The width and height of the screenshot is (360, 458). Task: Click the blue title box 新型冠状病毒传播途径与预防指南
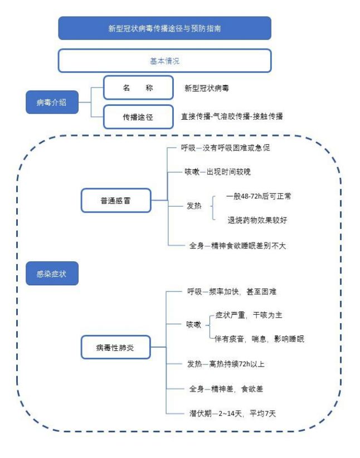165,28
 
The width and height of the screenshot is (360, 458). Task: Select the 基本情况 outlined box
165,61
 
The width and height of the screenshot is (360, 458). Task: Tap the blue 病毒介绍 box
52,102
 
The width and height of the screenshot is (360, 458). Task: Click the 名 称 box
138,87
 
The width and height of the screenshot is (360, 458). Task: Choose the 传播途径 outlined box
138,117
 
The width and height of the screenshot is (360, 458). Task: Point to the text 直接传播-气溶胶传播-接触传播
232,116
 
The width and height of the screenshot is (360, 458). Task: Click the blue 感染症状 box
52,274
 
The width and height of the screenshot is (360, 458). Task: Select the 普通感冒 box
116,201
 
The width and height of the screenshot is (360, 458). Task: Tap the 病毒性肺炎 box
115,347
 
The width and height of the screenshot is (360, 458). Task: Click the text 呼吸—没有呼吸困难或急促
225,148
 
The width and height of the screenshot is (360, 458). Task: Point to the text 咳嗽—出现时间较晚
217,172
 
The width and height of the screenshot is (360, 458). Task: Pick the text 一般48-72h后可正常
259,196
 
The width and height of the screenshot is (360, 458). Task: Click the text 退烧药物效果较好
257,220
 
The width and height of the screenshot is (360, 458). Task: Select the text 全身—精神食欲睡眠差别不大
237,246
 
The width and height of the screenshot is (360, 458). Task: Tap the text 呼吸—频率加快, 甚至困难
232,291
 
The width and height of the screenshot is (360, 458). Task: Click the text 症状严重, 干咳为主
249,315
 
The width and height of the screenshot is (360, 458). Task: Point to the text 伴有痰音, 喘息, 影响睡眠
260,339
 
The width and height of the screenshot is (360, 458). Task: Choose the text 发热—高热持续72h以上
226,364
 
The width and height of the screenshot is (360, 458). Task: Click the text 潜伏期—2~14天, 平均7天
232,413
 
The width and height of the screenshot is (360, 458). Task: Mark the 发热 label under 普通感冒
194,206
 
